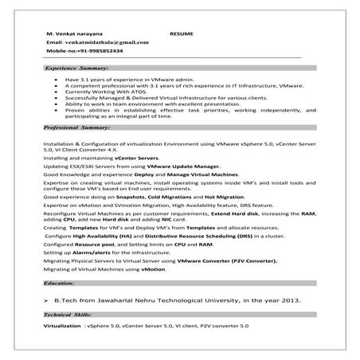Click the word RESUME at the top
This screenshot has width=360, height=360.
pyautogui.click(x=182, y=35)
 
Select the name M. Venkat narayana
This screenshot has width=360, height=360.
pyautogui.click(x=70, y=35)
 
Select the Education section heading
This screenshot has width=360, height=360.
pyautogui.click(x=60, y=283)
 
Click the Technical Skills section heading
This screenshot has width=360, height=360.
pyautogui.click(x=68, y=315)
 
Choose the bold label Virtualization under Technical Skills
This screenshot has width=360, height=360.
pyautogui.click(x=64, y=327)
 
